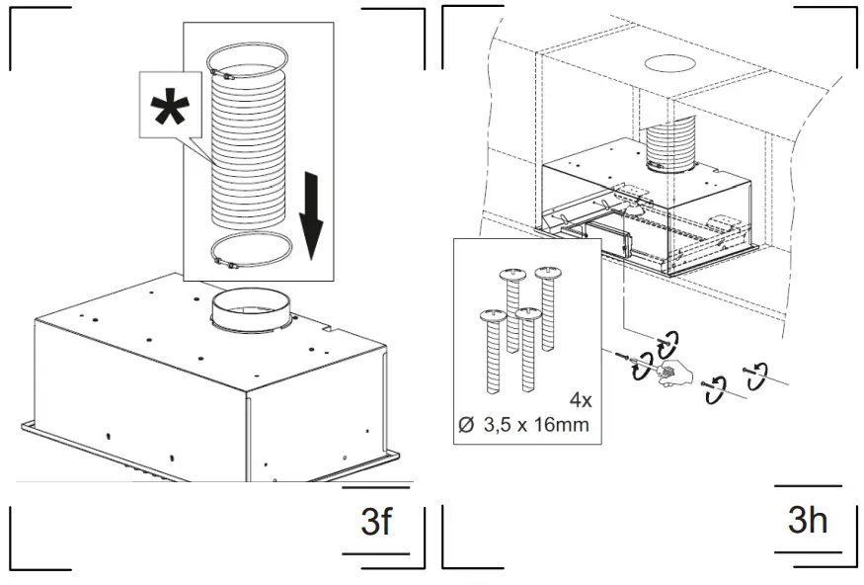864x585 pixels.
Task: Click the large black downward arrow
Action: click(311, 213)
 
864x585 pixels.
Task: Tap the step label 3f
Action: click(376, 521)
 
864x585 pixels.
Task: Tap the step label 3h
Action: click(808, 520)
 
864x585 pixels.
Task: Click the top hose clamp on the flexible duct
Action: click(245, 72)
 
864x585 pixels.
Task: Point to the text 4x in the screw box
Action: click(580, 400)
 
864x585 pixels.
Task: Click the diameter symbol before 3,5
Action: click(467, 426)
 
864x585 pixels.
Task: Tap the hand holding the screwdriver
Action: click(671, 376)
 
